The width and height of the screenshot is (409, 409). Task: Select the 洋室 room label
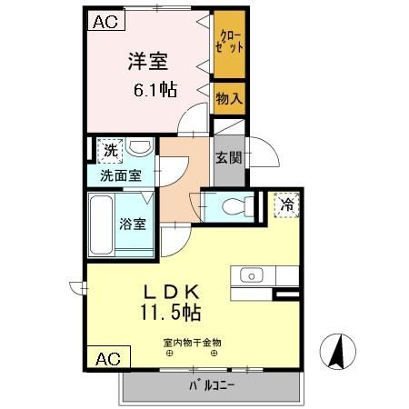147,61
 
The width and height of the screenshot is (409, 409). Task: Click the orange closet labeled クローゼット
228,45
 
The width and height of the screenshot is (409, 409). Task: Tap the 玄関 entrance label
227,156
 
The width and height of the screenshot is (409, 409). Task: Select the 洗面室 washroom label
120,175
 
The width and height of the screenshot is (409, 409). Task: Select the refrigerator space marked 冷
286,204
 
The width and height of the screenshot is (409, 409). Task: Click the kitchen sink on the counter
252,275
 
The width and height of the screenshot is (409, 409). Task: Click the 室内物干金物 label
192,342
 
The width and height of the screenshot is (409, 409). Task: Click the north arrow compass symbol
337,353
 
